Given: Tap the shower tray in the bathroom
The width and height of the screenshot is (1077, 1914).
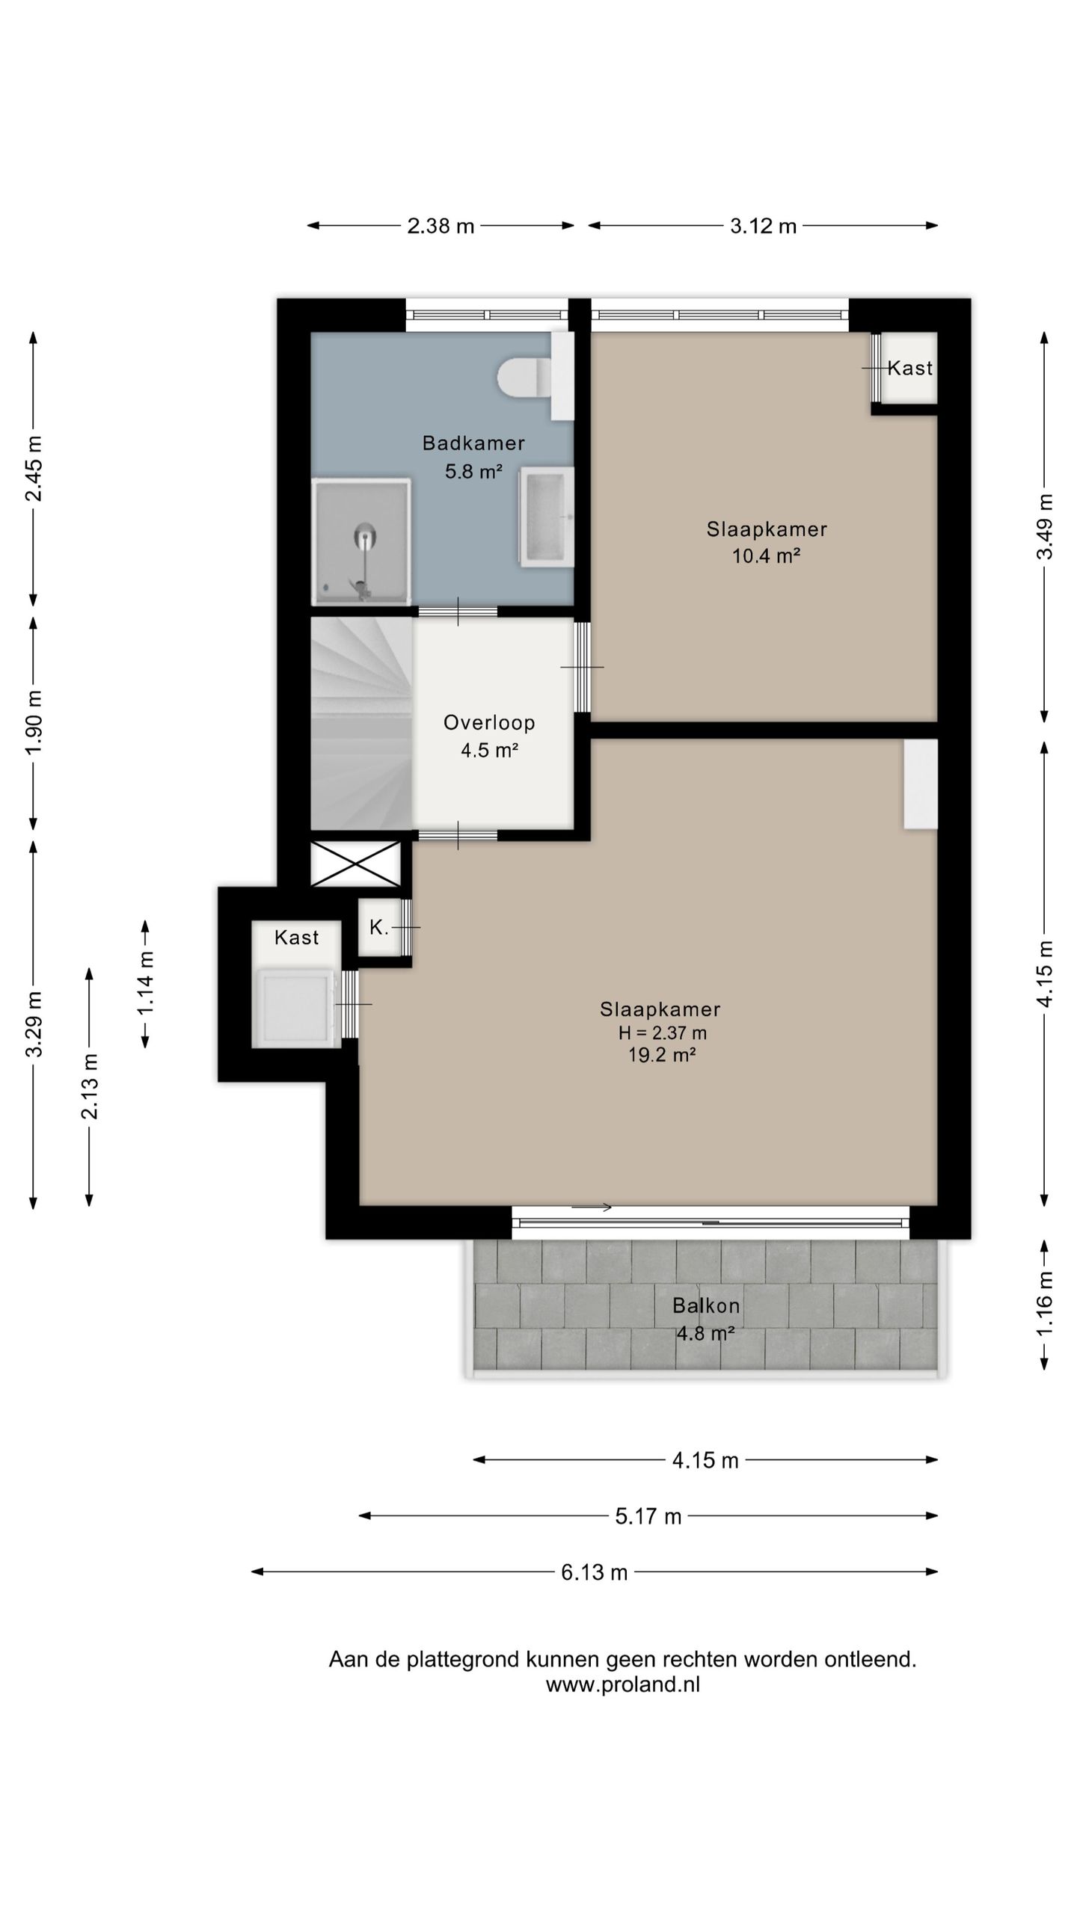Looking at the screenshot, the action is pos(361,542).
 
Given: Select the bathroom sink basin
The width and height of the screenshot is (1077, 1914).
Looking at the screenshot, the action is pos(546,517).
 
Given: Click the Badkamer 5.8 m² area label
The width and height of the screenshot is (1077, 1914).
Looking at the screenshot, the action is pos(473,457).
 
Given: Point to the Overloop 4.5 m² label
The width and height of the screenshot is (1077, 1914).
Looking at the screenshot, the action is pos(489,736).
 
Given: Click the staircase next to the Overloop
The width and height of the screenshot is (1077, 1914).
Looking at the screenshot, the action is pos(361,723).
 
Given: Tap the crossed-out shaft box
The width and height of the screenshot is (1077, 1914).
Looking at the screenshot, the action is pos(355,864).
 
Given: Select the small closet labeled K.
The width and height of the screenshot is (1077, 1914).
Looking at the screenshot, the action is pos(379,927).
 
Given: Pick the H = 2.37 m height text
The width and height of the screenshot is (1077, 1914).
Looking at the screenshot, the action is pos(662,1033).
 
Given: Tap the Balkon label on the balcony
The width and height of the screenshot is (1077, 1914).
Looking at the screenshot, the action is pos(706,1305).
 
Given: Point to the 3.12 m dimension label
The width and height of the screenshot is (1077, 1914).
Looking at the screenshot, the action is pos(763,226).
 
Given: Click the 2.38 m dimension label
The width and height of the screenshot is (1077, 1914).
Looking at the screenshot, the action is pos(441,226).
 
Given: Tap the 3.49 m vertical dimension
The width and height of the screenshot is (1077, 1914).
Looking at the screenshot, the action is pos(1045,526).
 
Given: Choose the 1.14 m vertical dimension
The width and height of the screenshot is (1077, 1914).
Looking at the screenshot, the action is pos(145,984).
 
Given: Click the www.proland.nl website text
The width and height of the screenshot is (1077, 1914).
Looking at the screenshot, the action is pos(623,1684).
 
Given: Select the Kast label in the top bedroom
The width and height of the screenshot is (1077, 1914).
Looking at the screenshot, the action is pos(910,368).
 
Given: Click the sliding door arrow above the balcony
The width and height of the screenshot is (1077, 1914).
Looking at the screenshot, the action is pos(592,1207).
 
